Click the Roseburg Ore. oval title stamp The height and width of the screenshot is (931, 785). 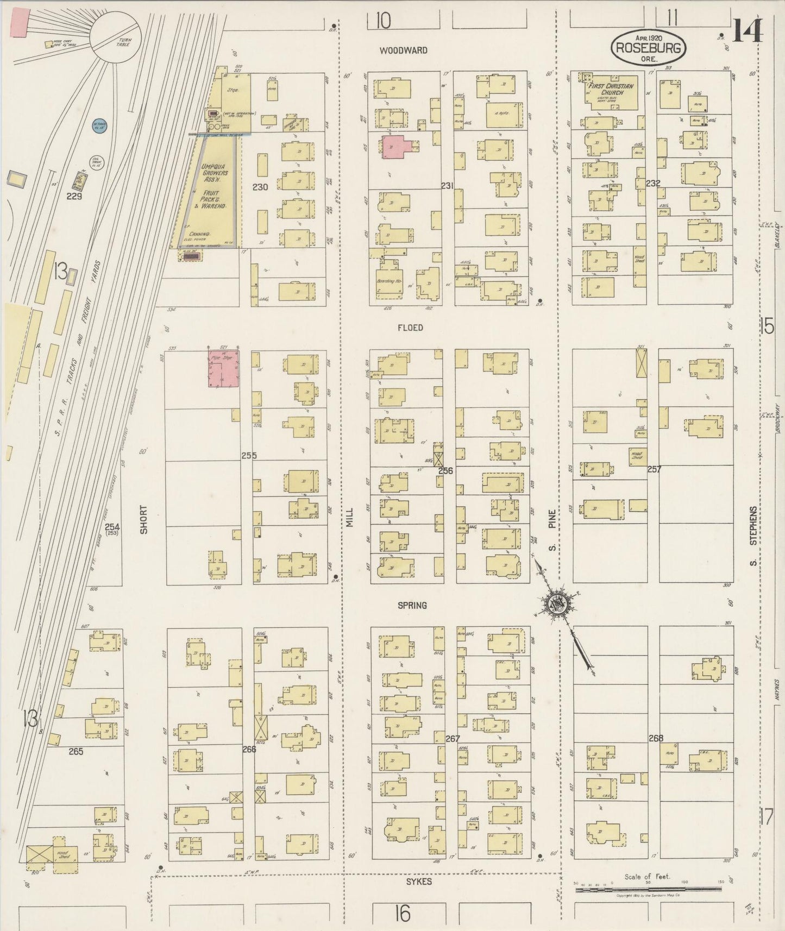coord(649,47)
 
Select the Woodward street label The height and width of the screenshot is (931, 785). coord(403,51)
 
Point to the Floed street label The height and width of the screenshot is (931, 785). coord(410,328)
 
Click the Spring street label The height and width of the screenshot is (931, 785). coord(412,605)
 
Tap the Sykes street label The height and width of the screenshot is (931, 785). coord(419,881)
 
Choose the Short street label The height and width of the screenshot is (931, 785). coord(143,519)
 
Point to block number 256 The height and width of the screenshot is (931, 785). coord(445,470)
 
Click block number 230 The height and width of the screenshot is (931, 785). coord(260,187)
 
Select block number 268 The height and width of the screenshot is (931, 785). coord(656,738)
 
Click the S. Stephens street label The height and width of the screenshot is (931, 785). coord(753,535)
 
